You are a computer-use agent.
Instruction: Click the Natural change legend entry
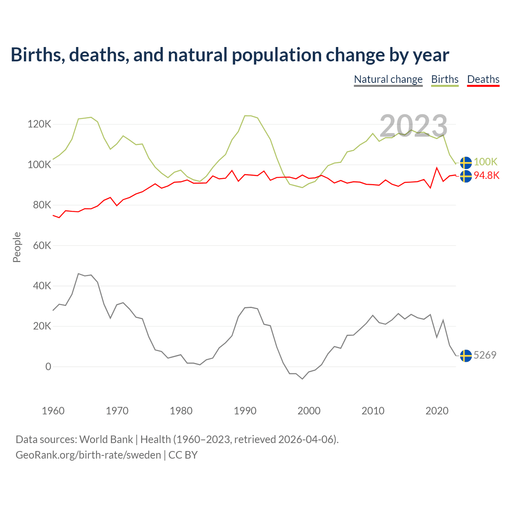pos(388,79)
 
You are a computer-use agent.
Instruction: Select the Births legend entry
pos(445,79)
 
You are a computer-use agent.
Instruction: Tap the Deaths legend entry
pos(483,79)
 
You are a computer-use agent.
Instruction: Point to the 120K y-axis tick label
pos(39,124)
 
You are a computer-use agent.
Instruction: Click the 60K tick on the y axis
pos(42,245)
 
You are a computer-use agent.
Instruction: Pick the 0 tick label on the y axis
pos(48,367)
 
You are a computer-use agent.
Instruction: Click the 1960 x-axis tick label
pos(53,411)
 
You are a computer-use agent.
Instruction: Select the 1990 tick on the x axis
pos(245,411)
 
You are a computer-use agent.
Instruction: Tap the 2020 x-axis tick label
pos(437,411)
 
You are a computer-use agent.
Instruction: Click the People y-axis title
pos(17,247)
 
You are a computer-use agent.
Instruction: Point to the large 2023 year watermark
pos(413,126)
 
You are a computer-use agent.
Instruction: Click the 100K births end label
pos(485,162)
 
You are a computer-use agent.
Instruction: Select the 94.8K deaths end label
pos(486,176)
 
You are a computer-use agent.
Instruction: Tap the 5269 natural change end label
pos(485,355)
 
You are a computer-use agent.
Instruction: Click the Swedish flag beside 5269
pos(466,355)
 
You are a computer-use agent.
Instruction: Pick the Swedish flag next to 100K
pos(466,163)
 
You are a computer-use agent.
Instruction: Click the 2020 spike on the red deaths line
pos(437,168)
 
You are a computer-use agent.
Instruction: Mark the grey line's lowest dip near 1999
pos(302,379)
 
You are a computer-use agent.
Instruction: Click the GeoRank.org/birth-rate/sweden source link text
pos(88,455)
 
